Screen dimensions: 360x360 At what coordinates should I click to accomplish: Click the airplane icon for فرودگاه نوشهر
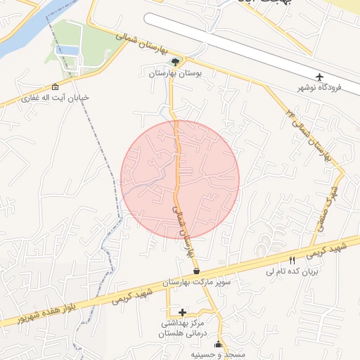tap(320, 76)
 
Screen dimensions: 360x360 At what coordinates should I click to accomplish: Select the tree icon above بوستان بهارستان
tap(175, 61)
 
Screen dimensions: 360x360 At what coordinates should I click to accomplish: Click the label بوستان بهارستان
tap(175, 72)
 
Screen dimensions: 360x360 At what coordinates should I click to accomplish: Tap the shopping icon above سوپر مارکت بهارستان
tap(195, 271)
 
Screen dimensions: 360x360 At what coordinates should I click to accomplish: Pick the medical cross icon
tap(183, 312)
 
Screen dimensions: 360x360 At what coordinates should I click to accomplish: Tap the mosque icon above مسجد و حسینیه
tap(218, 345)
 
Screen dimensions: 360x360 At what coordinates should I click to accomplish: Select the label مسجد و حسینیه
tap(218, 355)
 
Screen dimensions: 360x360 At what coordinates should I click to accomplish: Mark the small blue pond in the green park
tap(66, 50)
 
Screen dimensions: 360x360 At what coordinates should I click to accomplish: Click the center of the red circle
tap(180, 179)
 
